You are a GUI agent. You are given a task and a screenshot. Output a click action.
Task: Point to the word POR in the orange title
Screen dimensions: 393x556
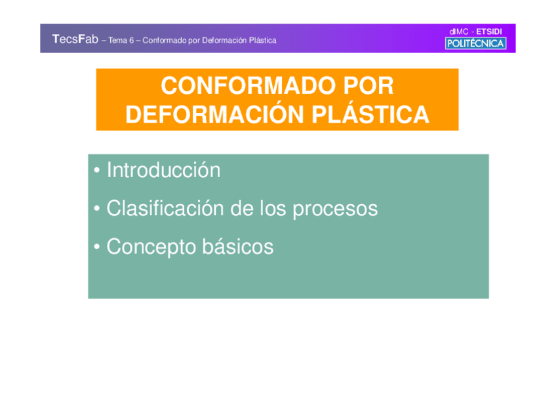click(x=368, y=86)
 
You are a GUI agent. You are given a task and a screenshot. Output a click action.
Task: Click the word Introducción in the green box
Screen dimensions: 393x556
click(x=163, y=171)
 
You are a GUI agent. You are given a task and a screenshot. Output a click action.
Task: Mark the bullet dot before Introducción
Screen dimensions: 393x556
click(x=96, y=172)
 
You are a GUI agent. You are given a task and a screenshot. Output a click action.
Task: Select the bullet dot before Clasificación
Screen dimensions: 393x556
click(x=96, y=210)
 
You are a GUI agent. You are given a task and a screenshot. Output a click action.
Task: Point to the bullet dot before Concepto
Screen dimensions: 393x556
click(x=96, y=248)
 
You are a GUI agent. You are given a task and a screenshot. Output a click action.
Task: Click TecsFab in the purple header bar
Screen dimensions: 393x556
click(x=75, y=40)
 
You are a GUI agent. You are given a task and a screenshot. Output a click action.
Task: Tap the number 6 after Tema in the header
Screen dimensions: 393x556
click(x=131, y=41)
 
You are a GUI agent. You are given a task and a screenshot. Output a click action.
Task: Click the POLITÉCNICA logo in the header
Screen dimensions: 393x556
click(x=475, y=44)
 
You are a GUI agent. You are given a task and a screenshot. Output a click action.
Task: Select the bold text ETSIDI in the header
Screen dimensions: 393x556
click(x=489, y=31)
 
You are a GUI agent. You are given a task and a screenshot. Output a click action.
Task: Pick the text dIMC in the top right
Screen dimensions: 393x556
click(x=459, y=31)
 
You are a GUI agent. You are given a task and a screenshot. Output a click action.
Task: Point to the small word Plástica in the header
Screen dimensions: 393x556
click(x=262, y=41)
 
